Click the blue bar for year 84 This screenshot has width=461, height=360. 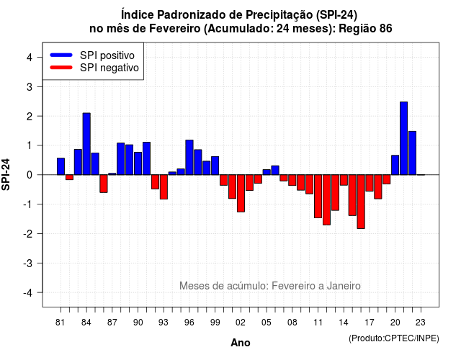(x=86, y=144)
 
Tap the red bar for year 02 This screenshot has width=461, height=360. (x=241, y=193)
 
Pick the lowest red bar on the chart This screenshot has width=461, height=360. (x=361, y=202)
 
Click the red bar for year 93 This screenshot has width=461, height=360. (x=164, y=186)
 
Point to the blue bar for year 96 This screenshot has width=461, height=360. (x=189, y=157)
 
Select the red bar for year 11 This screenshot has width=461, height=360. (x=318, y=196)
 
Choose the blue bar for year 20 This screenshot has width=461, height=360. (x=395, y=165)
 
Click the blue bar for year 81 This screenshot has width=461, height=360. (x=61, y=166)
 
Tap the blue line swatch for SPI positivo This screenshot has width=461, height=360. (x=61, y=55)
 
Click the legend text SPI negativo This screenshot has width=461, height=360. (x=109, y=68)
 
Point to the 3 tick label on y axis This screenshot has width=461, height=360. (x=30, y=86)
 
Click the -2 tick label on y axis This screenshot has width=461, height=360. (x=28, y=233)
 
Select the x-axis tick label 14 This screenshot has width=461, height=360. (x=343, y=323)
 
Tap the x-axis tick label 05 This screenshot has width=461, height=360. (x=266, y=323)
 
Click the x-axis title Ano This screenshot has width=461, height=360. (x=241, y=343)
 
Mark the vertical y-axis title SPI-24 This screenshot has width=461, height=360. (x=6, y=174)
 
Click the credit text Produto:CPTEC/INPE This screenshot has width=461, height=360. (x=394, y=338)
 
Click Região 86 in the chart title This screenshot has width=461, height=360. (x=365, y=29)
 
